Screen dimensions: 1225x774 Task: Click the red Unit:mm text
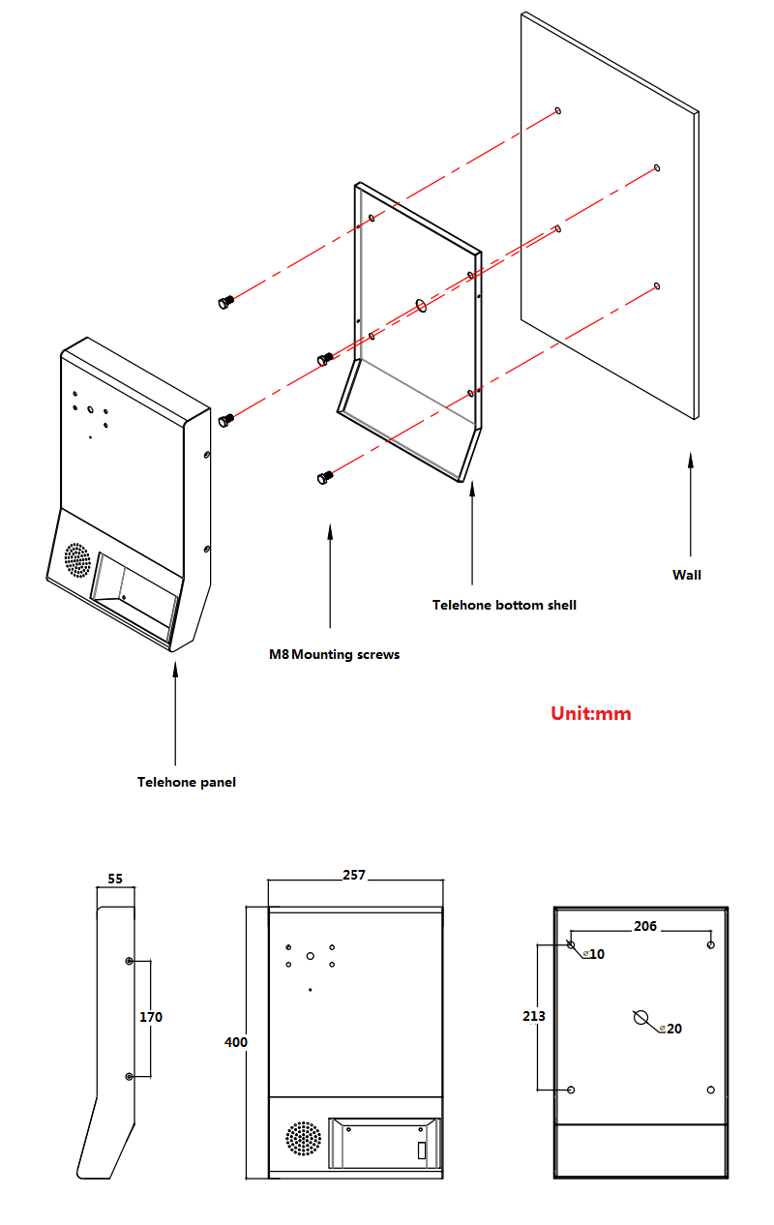(x=590, y=714)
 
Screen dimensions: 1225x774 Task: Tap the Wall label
(x=687, y=575)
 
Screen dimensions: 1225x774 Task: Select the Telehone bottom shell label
(x=504, y=605)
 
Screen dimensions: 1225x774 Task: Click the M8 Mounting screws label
(x=334, y=655)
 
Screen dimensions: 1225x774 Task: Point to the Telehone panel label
(x=186, y=782)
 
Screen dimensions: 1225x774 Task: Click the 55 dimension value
(x=115, y=880)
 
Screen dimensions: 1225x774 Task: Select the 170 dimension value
(x=151, y=1017)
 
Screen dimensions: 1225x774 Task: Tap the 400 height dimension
(x=235, y=1042)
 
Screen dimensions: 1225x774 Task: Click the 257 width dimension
(x=354, y=875)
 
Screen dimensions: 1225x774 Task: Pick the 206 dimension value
(x=645, y=926)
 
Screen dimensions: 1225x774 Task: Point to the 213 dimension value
(x=534, y=1016)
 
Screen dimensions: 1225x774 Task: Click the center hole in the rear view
(x=640, y=1017)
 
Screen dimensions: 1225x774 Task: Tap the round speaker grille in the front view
(x=303, y=1139)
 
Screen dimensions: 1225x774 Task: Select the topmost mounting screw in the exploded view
(x=225, y=303)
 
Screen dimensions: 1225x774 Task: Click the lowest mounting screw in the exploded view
(x=325, y=477)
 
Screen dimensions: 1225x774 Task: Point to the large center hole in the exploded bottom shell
(x=421, y=306)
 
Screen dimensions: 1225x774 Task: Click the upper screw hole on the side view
(x=130, y=961)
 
